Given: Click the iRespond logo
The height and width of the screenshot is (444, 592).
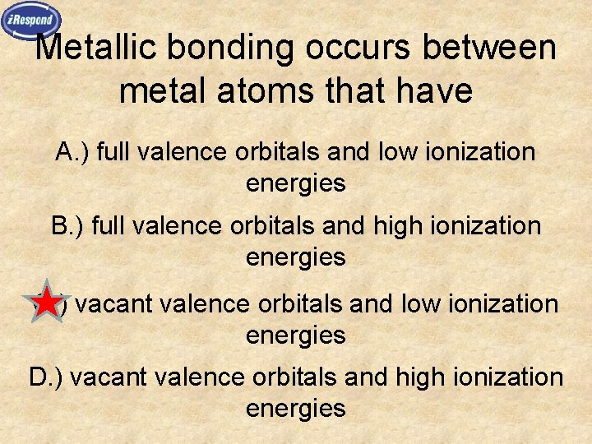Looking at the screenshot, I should point(30,20).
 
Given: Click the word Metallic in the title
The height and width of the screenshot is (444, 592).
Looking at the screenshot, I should point(98,49).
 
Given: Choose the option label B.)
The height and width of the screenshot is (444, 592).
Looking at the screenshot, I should point(68,225).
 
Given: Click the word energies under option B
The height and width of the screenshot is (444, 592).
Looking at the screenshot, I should point(295,257).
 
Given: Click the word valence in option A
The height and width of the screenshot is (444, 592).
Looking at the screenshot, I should point(181,152).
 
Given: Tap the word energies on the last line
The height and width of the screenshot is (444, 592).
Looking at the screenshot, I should point(295,409).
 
